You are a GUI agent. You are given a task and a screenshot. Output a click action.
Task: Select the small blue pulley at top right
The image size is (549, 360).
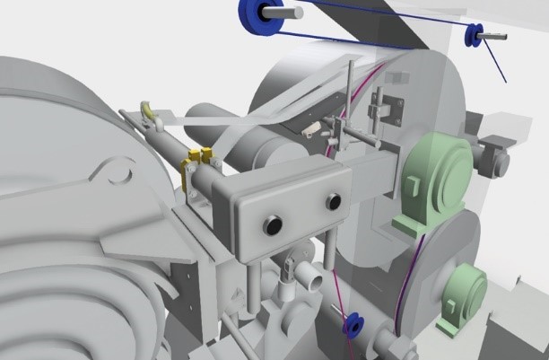pos(474,36)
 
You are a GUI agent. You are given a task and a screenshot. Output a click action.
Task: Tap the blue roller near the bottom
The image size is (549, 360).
pos(353,326)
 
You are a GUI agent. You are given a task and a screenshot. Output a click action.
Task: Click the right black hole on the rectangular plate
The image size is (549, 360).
pos(334,202)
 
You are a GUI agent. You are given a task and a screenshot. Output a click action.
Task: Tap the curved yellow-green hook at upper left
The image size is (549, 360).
pos(148,111)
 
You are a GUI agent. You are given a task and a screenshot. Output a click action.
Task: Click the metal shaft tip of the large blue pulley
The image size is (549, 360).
pos(294,13)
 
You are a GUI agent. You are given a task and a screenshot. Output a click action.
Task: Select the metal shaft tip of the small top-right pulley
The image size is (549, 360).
pos(499,36)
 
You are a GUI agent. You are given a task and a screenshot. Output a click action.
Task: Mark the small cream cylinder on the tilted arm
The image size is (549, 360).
pos(309,131)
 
